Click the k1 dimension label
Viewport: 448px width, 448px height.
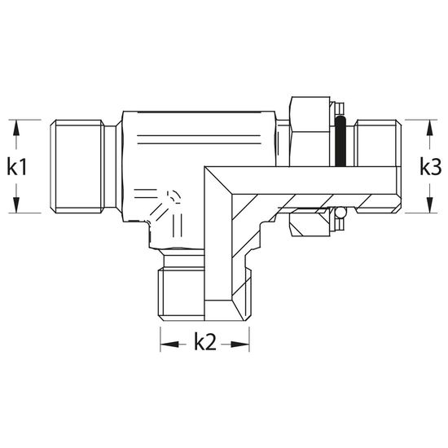coord(17,167)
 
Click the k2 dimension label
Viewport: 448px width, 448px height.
coord(205,342)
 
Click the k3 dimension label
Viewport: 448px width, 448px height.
coord(431,167)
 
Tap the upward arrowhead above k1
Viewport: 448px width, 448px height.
coord(16,128)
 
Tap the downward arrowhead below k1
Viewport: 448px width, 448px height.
coord(16,204)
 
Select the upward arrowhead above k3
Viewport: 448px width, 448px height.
coord(429,128)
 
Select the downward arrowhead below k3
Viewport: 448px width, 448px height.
coord(429,204)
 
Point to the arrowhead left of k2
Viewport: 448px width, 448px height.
coord(169,345)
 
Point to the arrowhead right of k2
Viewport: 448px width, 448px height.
coord(239,345)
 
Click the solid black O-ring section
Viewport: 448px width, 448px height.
coord(340,142)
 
